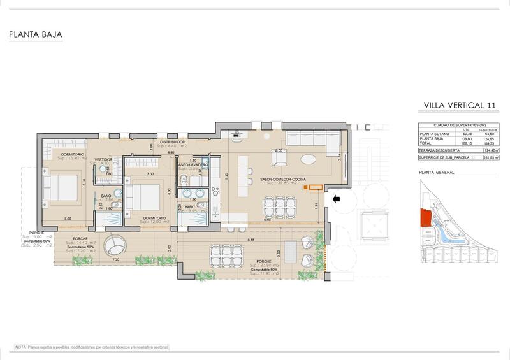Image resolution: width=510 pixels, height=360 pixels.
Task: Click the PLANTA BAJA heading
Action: pyautogui.click(x=35, y=36)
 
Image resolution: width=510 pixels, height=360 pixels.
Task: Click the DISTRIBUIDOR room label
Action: pyautogui.click(x=172, y=142)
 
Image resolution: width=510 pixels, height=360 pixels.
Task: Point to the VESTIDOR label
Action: pyautogui.click(x=103, y=159)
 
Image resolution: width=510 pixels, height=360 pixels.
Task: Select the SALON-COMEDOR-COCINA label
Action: pyautogui.click(x=282, y=180)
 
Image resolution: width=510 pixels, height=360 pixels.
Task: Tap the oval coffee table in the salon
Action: pyautogui.click(x=307, y=159)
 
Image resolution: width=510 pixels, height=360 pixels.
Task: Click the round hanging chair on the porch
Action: pyautogui.click(x=117, y=245)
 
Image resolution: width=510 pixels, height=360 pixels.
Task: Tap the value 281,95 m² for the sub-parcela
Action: pyautogui.click(x=491, y=157)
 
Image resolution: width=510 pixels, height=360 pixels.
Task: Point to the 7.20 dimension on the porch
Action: pyautogui.click(x=115, y=260)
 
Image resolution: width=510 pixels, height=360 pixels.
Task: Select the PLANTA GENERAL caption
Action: pyautogui.click(x=435, y=172)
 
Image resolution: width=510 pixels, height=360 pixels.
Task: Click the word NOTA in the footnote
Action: pyautogui.click(x=21, y=347)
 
